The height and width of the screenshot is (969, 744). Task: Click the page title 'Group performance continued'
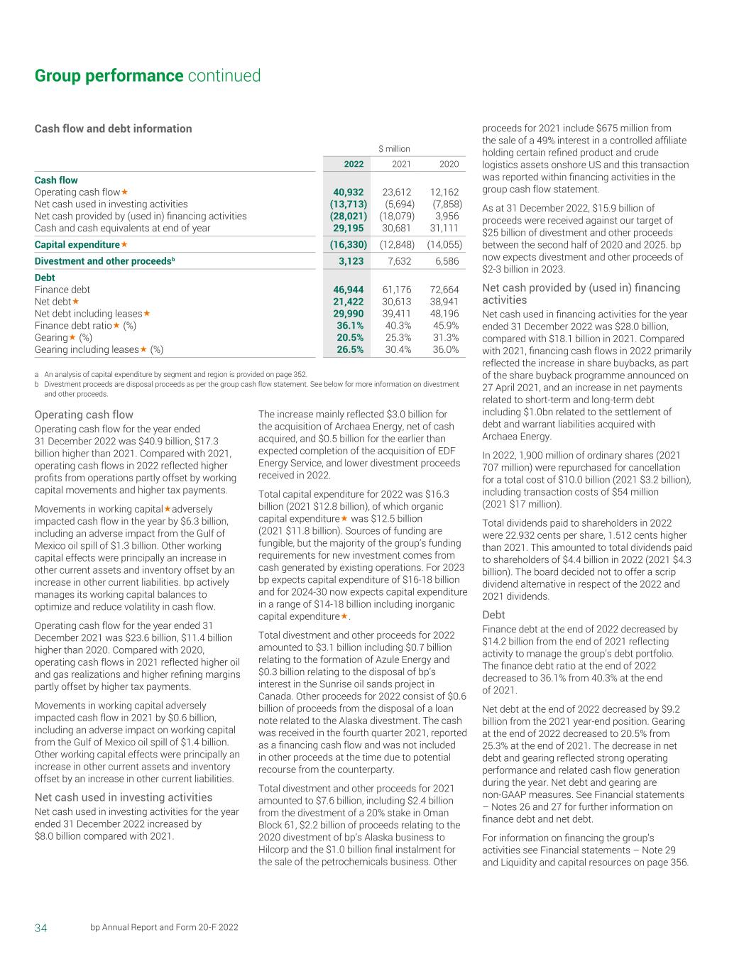tap(148, 76)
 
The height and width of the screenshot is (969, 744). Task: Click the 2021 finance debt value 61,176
tap(398, 290)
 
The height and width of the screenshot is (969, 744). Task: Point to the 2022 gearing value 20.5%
tap(350, 338)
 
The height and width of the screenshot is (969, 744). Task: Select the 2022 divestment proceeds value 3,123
tap(352, 261)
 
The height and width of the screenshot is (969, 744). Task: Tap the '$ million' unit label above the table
tap(394, 149)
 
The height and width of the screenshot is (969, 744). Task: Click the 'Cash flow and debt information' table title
tap(114, 128)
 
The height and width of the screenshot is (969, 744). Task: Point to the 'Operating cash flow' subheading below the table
tap(84, 415)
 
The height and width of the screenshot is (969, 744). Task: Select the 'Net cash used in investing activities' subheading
tap(124, 797)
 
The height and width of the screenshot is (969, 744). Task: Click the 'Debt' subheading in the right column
tap(493, 615)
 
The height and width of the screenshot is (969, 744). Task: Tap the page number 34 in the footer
tap(41, 928)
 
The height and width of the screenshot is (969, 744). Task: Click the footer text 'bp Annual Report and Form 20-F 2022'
tap(164, 928)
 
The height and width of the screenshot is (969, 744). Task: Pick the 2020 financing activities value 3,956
tap(447, 216)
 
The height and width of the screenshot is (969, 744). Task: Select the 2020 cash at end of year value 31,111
tap(444, 228)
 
